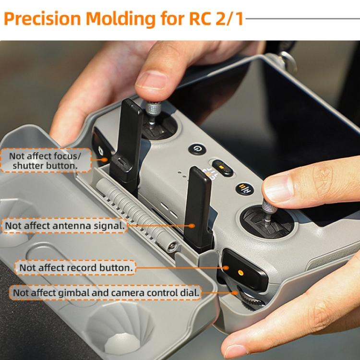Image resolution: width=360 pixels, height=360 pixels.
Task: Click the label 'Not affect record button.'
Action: (x=74, y=267)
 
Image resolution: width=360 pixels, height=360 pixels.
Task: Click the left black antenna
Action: (x=129, y=139)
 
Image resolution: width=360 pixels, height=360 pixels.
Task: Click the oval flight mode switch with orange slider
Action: (x=222, y=168)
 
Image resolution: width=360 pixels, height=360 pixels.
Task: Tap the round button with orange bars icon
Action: (x=244, y=188)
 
